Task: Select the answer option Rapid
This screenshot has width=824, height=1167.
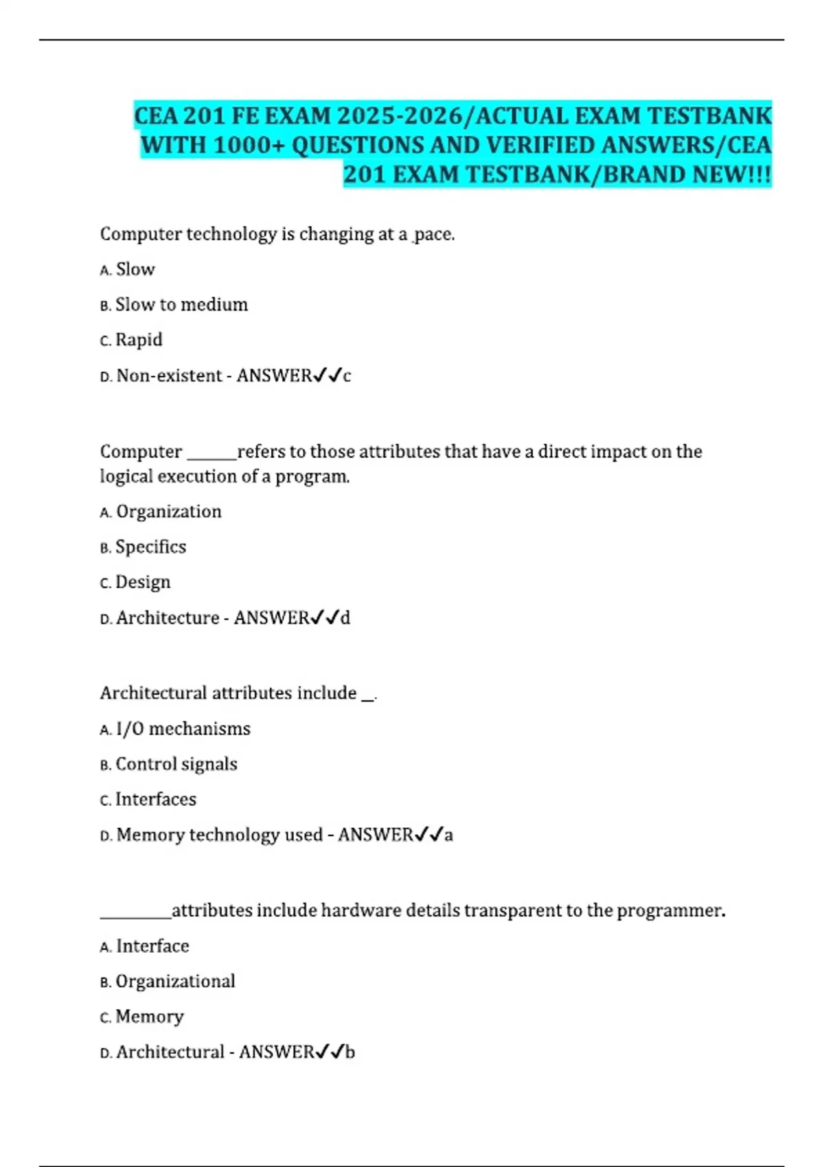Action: [x=139, y=340]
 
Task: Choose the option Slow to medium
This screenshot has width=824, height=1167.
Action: [x=181, y=305]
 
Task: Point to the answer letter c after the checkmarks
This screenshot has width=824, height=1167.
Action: [x=347, y=376]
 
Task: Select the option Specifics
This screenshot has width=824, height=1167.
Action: [x=150, y=547]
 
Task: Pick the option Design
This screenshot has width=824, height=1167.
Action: [x=143, y=582]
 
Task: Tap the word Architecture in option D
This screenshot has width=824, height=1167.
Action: [x=168, y=618]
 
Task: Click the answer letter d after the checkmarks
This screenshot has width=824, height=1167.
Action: [x=345, y=618]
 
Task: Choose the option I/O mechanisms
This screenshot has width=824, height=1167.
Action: [x=183, y=728]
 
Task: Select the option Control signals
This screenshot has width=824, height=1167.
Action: [x=176, y=764]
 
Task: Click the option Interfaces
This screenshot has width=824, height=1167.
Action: [x=156, y=799]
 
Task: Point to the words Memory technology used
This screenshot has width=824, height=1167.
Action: [x=219, y=835]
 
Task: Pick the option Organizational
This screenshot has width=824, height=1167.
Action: [x=175, y=981]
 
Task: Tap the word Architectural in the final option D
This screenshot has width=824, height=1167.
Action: [x=170, y=1052]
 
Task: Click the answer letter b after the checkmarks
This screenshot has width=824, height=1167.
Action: [x=350, y=1052]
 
